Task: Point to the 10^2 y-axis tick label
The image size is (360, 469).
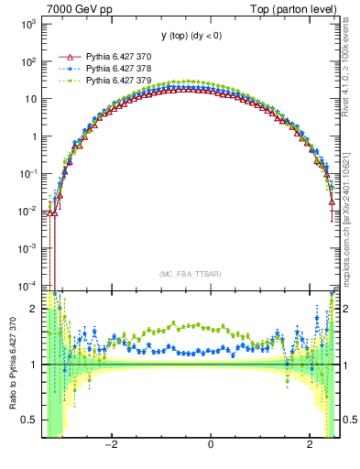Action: pos(30,61)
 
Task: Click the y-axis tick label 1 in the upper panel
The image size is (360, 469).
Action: pos(35,136)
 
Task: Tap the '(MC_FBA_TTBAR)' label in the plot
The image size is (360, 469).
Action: pos(186,274)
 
